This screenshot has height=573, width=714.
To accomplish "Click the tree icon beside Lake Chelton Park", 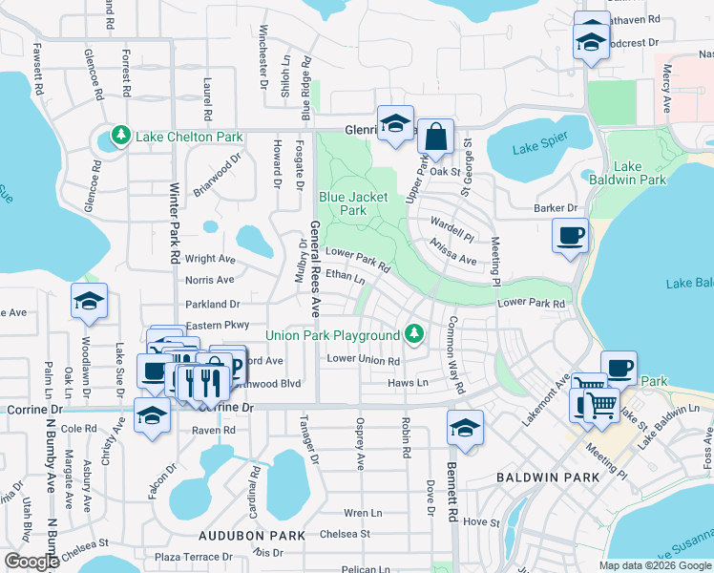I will tap(121, 137).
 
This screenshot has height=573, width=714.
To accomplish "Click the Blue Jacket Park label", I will tap(353, 203).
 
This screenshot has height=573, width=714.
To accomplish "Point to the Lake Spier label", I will tap(539, 148).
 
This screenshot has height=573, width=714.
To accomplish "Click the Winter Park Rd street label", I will tap(175, 224).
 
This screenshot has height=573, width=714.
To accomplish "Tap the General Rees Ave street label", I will tap(314, 269).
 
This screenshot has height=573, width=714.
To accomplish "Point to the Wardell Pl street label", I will tap(451, 231).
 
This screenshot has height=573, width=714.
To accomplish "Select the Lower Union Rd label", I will tap(363, 360).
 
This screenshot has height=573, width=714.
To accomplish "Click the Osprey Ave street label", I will tap(361, 443).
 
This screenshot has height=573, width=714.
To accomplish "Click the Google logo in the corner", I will tap(31, 562).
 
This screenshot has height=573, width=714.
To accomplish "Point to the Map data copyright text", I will tap(655, 565).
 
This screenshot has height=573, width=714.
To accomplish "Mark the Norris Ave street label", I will tap(209, 280).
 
